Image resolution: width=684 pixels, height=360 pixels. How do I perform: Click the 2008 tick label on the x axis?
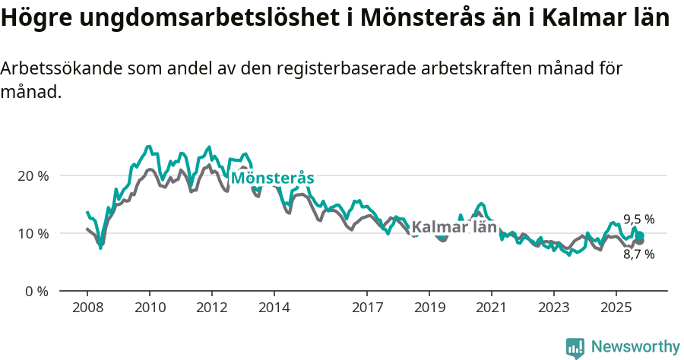(x=87, y=308)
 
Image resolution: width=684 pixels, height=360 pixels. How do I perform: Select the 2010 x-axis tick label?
(x=150, y=308)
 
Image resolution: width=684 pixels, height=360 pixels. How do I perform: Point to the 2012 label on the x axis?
(x=211, y=308)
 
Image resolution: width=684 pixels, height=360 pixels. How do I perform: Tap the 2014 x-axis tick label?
(x=274, y=308)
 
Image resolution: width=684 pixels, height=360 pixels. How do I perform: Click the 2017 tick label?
(x=367, y=308)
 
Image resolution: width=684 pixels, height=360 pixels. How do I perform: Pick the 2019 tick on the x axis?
(x=429, y=308)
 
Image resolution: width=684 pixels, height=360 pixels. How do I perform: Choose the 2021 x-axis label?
(x=492, y=308)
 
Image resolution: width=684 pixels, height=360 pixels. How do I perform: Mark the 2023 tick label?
(x=553, y=308)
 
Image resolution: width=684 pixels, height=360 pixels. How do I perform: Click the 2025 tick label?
(x=616, y=308)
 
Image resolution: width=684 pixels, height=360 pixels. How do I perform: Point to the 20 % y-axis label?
(x=33, y=175)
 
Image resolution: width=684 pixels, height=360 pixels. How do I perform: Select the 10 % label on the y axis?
(x=33, y=233)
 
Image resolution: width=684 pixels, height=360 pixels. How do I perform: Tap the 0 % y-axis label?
(x=36, y=291)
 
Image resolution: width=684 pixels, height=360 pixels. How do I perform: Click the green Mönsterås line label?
(x=272, y=178)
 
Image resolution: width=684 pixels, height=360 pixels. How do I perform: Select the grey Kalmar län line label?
(x=454, y=227)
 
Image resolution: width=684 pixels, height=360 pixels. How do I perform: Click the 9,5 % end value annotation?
(x=639, y=219)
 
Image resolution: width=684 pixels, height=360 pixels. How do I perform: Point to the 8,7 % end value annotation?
(x=639, y=254)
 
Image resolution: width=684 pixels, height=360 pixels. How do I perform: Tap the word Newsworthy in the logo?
(x=635, y=347)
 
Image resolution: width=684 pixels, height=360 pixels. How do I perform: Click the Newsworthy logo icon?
(x=575, y=348)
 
